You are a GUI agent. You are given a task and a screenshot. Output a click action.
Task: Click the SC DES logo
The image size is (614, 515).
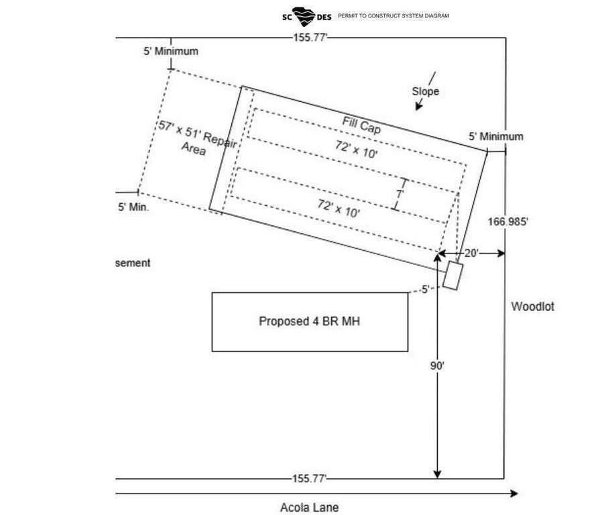click(307, 15)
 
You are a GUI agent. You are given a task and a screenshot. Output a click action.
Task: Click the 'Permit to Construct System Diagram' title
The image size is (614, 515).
click(393, 15)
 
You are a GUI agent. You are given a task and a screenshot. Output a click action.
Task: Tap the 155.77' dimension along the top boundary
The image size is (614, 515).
click(310, 38)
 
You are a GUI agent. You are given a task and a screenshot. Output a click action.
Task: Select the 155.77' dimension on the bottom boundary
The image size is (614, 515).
click(310, 479)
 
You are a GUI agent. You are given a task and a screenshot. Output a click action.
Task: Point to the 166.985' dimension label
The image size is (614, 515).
click(508, 221)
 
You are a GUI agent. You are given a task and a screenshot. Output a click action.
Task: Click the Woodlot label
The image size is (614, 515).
click(533, 307)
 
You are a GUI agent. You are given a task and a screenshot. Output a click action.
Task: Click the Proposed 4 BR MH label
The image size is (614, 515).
click(309, 321)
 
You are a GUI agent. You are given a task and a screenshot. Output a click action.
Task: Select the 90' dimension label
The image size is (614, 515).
click(437, 366)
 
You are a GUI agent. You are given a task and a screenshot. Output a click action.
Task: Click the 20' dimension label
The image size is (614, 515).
click(471, 253)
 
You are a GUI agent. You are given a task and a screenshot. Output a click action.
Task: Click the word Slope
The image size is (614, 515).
click(426, 91)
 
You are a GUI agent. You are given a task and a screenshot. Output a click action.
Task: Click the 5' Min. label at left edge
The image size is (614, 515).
click(133, 207)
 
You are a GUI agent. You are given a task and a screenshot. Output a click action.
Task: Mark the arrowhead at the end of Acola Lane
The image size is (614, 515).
click(514, 494)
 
